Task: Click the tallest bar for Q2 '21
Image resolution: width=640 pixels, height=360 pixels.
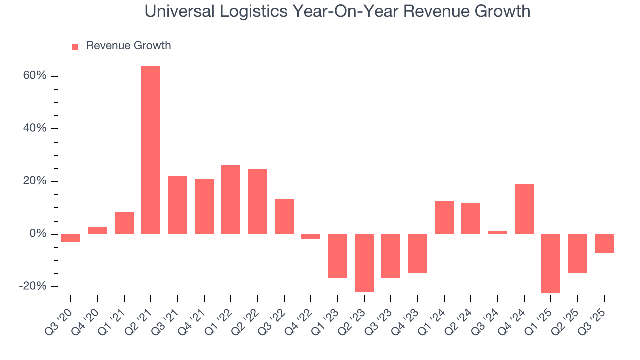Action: [151, 150]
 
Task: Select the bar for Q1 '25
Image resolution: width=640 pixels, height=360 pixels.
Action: [551, 263]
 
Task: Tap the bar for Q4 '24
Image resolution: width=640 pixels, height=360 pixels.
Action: [524, 209]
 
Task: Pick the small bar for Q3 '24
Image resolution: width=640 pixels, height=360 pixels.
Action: [497, 232]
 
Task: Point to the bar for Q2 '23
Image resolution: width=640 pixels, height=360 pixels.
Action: [364, 263]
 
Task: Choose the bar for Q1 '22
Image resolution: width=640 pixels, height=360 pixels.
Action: [231, 200]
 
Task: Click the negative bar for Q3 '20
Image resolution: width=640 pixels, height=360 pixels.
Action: [71, 238]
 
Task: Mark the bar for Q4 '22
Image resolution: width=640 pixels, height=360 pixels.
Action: [311, 237]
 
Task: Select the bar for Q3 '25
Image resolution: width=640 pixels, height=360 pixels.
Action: [604, 243]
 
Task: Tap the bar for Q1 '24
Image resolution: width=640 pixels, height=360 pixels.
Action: [444, 218]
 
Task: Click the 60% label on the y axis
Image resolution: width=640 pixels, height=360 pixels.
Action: [35, 76]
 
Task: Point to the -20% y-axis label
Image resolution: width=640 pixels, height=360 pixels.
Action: [33, 286]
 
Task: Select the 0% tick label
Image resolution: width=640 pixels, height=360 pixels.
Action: [38, 234]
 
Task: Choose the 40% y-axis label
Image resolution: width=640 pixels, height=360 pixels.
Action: [35, 128]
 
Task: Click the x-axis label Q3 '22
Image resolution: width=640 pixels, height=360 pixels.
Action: [274, 320]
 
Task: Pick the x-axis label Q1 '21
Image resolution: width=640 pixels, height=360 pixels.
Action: [114, 320]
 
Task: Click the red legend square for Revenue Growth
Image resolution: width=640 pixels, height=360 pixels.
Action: [75, 46]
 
